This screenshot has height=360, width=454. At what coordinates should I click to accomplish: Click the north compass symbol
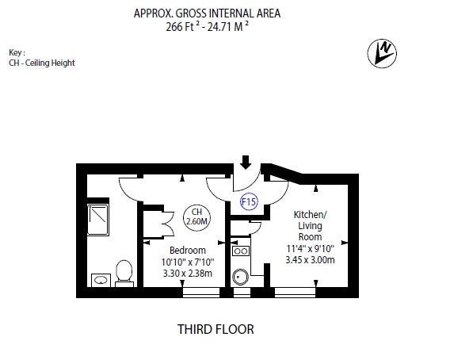click(x=382, y=54)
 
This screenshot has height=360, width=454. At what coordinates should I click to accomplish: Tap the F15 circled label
click(x=249, y=201)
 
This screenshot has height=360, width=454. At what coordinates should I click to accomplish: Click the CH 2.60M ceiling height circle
click(x=196, y=217)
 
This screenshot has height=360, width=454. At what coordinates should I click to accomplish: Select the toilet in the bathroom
click(x=124, y=273)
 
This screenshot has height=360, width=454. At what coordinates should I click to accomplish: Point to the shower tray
click(x=98, y=220)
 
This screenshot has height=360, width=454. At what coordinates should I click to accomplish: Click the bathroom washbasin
click(x=101, y=280)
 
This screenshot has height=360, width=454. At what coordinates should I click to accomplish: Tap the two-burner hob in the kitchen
click(x=241, y=251)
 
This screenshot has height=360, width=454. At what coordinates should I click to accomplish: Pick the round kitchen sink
click(x=240, y=277)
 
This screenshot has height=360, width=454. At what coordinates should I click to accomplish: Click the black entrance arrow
click(x=246, y=163)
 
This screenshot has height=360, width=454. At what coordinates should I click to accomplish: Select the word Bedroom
click(x=188, y=250)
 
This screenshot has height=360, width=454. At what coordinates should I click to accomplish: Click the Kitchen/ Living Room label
click(x=310, y=225)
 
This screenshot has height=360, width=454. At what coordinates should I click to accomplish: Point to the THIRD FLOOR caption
click(x=216, y=329)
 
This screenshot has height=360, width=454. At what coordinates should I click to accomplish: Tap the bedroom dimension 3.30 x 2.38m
click(x=188, y=274)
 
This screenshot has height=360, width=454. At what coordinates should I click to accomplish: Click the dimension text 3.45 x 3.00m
click(x=310, y=260)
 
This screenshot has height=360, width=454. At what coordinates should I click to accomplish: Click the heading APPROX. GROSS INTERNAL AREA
click(x=207, y=13)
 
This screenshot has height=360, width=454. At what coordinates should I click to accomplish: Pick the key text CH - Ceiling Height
click(x=42, y=63)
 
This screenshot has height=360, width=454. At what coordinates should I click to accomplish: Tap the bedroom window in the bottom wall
click(x=201, y=292)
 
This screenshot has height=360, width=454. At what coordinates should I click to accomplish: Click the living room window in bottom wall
click(x=295, y=292)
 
